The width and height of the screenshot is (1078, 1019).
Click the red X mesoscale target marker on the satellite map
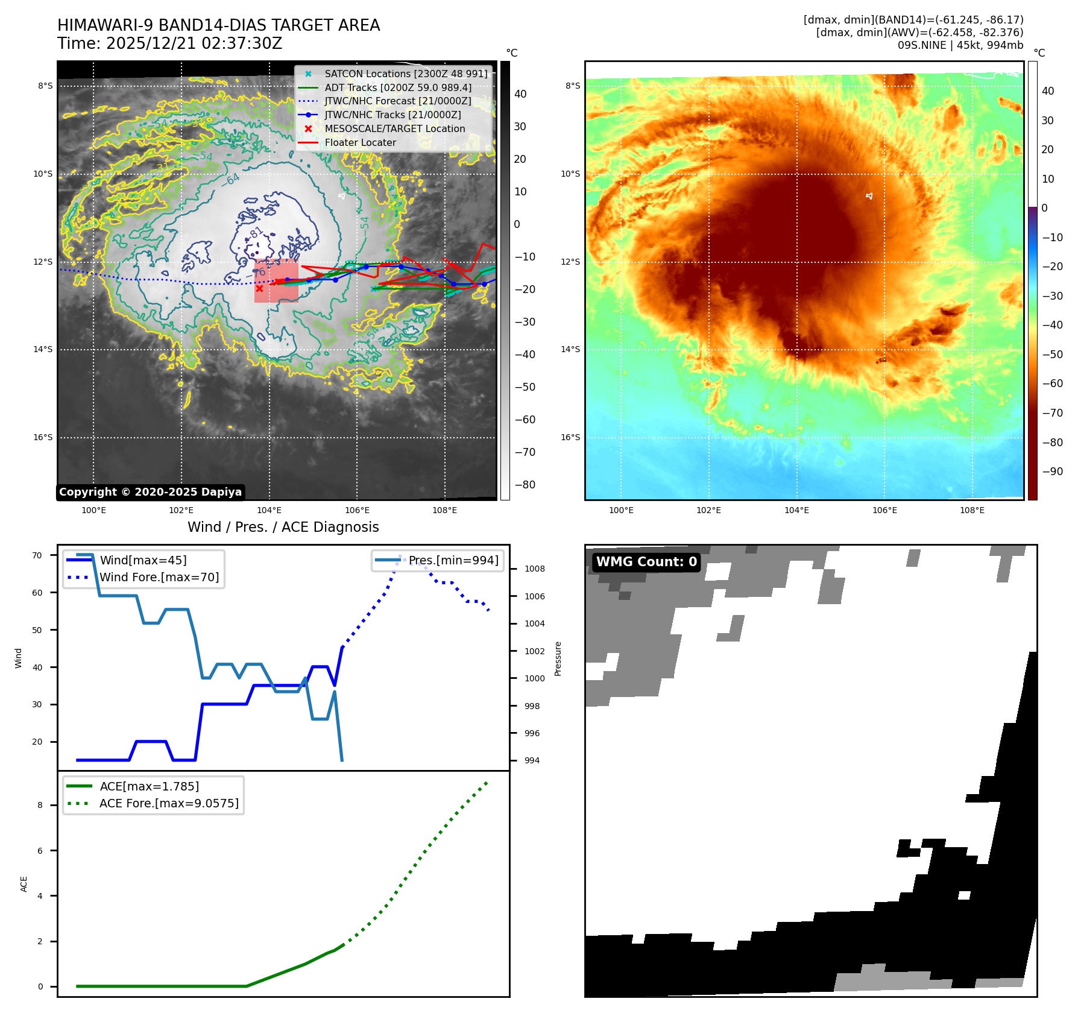tap(259, 288)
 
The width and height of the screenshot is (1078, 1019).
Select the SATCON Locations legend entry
tap(406, 74)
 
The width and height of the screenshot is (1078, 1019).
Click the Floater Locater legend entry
tap(360, 143)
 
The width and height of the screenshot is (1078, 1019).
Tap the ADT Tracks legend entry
tap(398, 87)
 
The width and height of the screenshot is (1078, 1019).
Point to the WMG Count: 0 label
tap(646, 562)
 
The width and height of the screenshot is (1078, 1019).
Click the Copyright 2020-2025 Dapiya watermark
tap(150, 492)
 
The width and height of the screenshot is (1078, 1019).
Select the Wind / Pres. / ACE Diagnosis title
tap(283, 527)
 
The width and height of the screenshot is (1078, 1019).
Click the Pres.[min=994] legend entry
tap(453, 560)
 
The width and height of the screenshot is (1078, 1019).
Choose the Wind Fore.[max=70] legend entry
tap(159, 577)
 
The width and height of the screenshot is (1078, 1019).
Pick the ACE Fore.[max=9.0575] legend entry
tap(169, 803)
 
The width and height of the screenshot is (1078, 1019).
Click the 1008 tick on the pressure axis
tap(534, 569)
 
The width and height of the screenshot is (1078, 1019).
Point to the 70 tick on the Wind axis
tap(37, 555)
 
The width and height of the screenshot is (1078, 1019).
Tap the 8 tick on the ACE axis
tap(40, 805)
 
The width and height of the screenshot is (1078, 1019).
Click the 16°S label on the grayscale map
tap(43, 438)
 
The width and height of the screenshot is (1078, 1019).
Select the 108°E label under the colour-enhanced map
tap(972, 510)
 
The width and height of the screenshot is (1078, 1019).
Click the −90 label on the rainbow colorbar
tap(1052, 472)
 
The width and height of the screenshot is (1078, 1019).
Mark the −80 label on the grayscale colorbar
tap(525, 485)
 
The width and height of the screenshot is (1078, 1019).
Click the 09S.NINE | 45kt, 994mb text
tap(960, 45)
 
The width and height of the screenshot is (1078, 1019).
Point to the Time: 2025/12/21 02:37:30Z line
tap(169, 43)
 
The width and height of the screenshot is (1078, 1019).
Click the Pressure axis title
tap(558, 658)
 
